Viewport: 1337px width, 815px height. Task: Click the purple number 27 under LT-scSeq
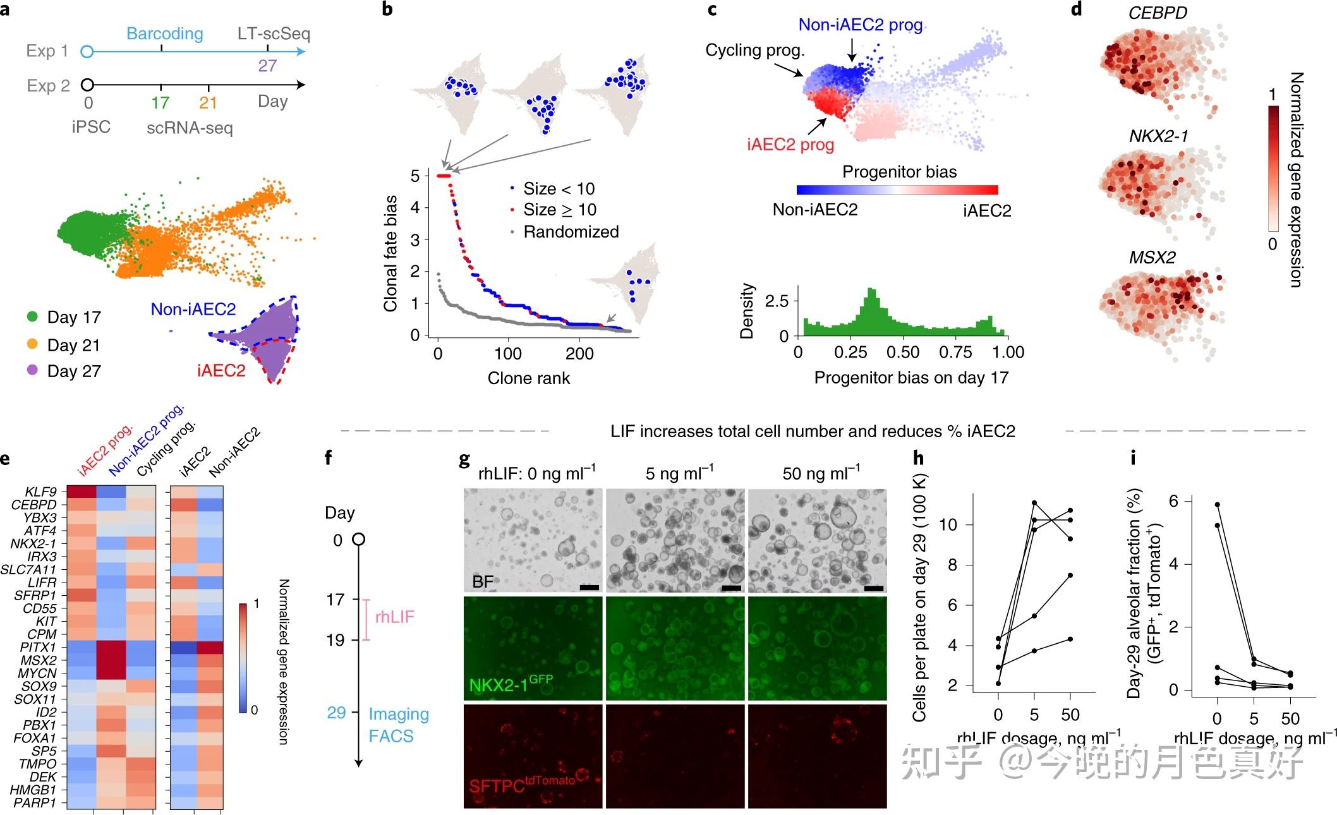click(x=267, y=66)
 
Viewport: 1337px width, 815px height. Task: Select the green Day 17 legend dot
click(x=33, y=317)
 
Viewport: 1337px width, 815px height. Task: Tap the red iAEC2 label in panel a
click(x=221, y=370)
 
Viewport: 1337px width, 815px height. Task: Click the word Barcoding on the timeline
click(x=165, y=33)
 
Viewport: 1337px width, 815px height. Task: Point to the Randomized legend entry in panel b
click(x=571, y=232)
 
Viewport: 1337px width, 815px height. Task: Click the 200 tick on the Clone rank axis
click(x=579, y=353)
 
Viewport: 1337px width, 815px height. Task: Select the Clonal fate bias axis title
click(x=390, y=253)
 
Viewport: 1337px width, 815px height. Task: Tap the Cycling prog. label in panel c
click(x=755, y=50)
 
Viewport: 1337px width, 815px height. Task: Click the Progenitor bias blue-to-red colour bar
click(x=897, y=190)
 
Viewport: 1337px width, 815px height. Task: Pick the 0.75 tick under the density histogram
click(x=955, y=352)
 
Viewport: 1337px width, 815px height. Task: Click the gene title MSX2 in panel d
click(x=1152, y=257)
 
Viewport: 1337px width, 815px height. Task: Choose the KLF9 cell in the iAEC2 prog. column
click(x=81, y=492)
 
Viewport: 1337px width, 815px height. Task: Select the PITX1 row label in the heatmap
click(x=38, y=647)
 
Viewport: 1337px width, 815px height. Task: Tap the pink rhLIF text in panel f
click(x=395, y=617)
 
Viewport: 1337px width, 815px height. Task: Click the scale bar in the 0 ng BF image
click(x=588, y=588)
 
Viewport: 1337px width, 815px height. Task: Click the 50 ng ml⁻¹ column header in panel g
click(x=821, y=473)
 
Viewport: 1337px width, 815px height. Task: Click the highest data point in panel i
click(x=1217, y=504)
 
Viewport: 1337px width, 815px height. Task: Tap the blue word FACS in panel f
click(x=391, y=736)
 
